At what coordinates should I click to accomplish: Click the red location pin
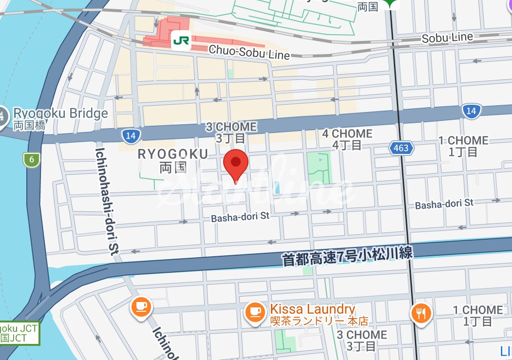point(236,164)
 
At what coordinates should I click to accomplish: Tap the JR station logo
point(181,41)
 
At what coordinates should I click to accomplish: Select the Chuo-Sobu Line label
point(249,52)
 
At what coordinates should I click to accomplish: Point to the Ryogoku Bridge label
point(60,114)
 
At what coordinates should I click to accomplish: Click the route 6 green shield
point(31,159)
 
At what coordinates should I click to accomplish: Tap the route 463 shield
point(401,147)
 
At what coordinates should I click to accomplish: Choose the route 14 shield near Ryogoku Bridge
point(130,135)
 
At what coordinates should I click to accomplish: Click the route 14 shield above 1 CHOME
point(470,111)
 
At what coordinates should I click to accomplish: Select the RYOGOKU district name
point(173,154)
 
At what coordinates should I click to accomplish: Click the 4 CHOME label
point(347,134)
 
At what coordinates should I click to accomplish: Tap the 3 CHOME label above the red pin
point(230,127)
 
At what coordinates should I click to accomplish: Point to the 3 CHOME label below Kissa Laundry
point(362,335)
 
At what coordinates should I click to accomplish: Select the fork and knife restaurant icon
point(421,313)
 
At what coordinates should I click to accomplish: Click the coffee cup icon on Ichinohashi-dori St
point(141,306)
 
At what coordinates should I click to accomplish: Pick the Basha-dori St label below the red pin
point(240,217)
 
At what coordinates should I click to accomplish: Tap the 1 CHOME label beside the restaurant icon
point(477,310)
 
